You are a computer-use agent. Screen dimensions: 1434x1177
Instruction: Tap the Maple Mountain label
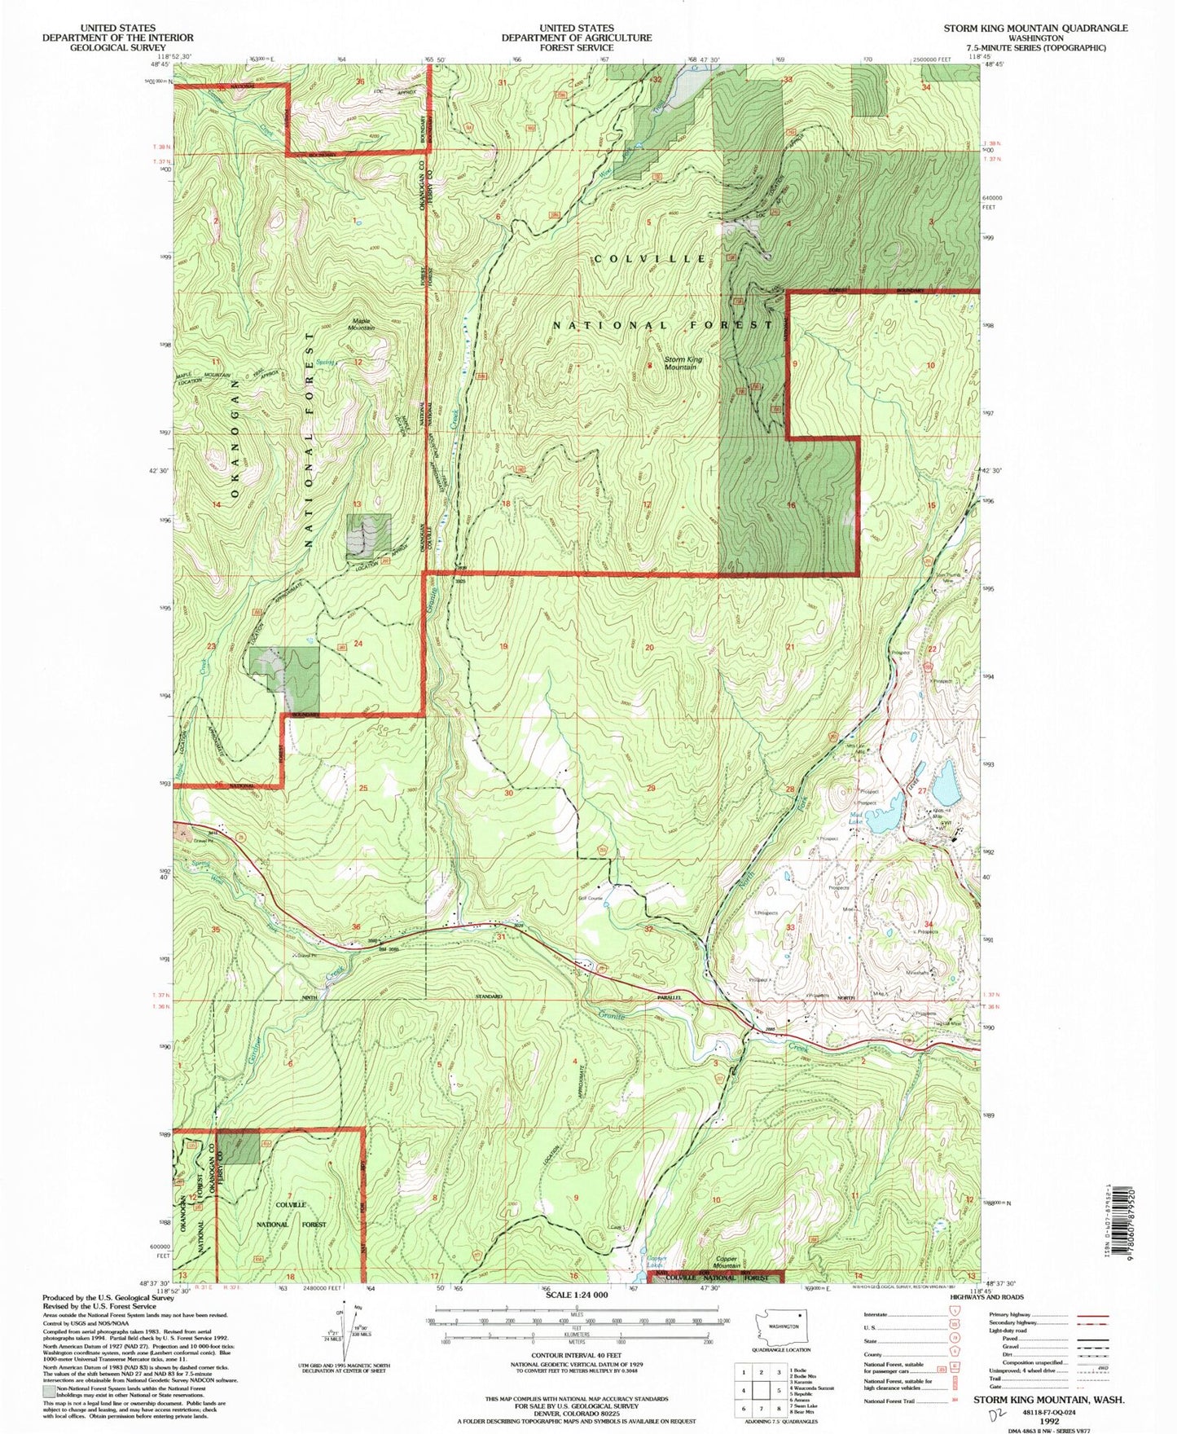pos(362,323)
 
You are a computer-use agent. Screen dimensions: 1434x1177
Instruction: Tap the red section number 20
pos(649,648)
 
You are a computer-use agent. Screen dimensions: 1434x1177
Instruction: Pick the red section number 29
pos(651,788)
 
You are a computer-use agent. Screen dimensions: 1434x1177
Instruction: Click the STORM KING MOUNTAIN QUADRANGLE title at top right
pos(1035,28)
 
